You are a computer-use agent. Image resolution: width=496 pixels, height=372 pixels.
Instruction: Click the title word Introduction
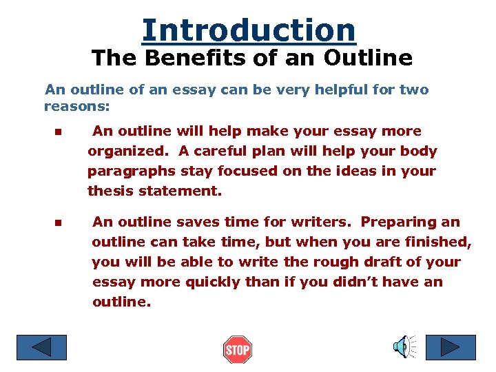(249, 30)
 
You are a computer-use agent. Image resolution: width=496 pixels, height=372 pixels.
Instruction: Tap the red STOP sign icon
(237, 350)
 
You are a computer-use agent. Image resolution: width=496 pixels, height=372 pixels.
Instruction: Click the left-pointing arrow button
(41, 347)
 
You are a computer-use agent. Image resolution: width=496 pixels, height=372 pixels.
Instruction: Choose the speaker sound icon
(404, 347)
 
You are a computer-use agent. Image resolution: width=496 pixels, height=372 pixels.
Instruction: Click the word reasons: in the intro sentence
(76, 107)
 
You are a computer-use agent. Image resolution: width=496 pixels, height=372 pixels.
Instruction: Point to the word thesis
(110, 191)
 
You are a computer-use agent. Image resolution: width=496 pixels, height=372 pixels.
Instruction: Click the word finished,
(440, 242)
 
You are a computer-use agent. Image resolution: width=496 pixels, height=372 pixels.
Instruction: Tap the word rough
(308, 262)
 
